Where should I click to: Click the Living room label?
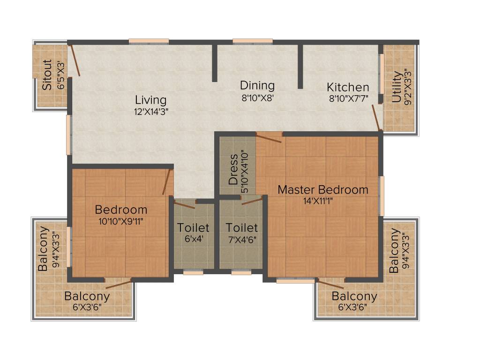pos(150,100)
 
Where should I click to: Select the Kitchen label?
pos(348,87)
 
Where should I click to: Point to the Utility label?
pos(397,86)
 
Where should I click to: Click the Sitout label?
pos(47,75)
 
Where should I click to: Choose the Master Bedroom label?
pos(323,190)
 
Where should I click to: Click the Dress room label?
pos(233,169)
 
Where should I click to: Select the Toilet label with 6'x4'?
pos(193,228)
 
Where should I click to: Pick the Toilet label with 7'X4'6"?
pos(241,228)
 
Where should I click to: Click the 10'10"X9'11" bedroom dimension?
pos(121,221)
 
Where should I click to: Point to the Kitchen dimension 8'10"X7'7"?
pos(348,98)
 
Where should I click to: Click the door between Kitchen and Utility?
pos(376,118)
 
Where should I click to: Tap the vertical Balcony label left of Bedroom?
pos(43,249)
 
